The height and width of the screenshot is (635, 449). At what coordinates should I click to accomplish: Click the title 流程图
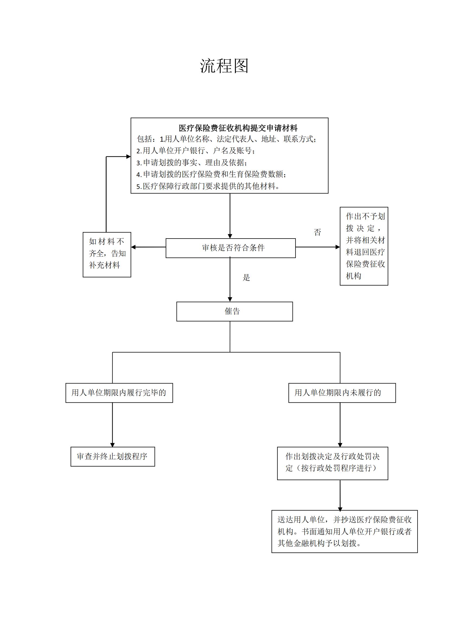(x=224, y=66)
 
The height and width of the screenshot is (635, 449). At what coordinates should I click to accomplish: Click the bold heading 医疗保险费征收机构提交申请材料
(x=238, y=128)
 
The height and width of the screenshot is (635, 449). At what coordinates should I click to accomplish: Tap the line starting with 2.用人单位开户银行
(x=196, y=151)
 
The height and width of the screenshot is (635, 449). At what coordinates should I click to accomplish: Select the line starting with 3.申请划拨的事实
(x=192, y=163)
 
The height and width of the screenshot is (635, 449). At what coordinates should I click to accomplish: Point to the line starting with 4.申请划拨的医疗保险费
(x=211, y=174)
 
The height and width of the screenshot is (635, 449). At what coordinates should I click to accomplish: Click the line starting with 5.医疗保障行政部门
(x=208, y=186)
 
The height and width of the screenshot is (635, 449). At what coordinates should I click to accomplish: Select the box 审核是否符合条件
(x=230, y=248)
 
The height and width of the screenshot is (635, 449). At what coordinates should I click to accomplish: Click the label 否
(x=317, y=232)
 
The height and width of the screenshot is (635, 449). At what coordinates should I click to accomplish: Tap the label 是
(x=246, y=278)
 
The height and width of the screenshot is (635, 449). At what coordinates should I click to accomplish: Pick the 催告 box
(x=235, y=311)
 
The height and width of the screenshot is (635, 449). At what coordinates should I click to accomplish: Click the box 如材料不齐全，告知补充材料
(x=107, y=255)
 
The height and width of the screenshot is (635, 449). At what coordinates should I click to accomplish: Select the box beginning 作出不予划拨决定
(x=364, y=246)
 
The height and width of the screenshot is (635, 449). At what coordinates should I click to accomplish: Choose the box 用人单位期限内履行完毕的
(x=119, y=393)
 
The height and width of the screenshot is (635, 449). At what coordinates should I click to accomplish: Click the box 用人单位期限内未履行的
(x=342, y=393)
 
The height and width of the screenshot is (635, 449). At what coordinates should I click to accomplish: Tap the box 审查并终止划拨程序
(x=113, y=456)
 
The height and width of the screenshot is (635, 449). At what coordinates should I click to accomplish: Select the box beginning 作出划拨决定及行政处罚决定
(x=333, y=463)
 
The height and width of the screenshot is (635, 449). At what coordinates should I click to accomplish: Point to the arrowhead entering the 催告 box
(x=230, y=300)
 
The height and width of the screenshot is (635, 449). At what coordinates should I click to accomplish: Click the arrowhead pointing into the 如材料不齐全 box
(x=133, y=247)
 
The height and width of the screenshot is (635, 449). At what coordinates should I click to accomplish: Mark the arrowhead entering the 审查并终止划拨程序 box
(x=113, y=445)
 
